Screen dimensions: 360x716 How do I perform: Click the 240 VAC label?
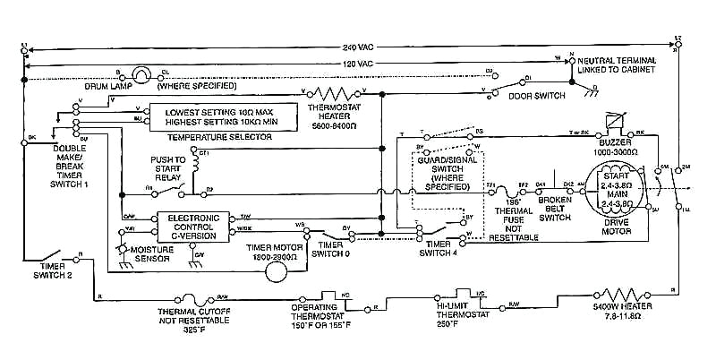click(356, 46)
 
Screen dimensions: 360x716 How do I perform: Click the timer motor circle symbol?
click(256, 272)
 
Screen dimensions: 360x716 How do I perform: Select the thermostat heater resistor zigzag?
click(334, 92)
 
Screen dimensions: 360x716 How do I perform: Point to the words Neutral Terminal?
click(618, 60)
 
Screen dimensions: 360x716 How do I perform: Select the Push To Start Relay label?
click(167, 167)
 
